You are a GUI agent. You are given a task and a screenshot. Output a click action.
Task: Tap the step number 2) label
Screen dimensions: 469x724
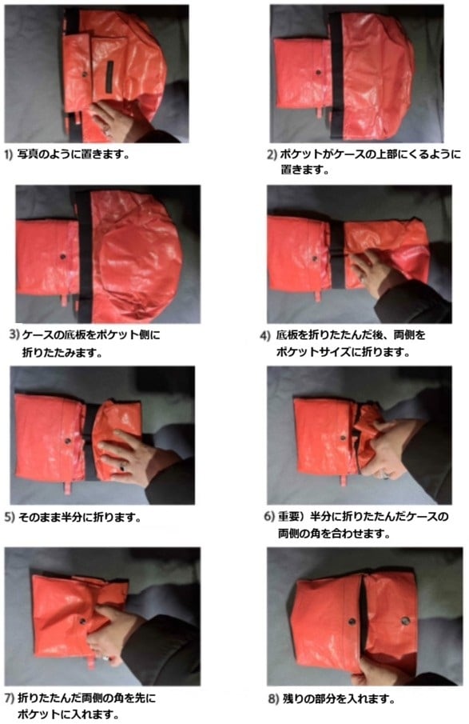click(272, 154)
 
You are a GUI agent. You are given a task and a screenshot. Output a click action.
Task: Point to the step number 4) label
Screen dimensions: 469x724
click(264, 336)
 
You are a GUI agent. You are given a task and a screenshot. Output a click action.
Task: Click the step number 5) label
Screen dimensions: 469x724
click(10, 517)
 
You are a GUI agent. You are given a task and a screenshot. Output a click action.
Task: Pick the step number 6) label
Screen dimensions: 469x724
click(269, 516)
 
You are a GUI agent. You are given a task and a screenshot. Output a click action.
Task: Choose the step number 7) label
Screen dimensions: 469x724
click(9, 698)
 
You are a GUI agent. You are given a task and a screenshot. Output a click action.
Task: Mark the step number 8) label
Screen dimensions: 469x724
click(273, 699)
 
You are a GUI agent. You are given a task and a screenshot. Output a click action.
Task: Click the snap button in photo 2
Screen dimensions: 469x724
click(318, 72)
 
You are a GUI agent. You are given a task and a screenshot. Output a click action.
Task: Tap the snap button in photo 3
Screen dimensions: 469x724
click(62, 257)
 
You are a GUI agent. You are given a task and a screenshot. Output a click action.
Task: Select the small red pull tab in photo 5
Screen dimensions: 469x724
click(67, 488)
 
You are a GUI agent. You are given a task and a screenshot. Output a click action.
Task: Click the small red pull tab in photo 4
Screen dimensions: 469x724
click(317, 295)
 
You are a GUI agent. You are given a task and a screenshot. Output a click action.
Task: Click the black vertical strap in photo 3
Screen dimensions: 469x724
click(85, 256)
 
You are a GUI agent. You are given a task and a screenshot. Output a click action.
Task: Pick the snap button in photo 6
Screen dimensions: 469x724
click(342, 438)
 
